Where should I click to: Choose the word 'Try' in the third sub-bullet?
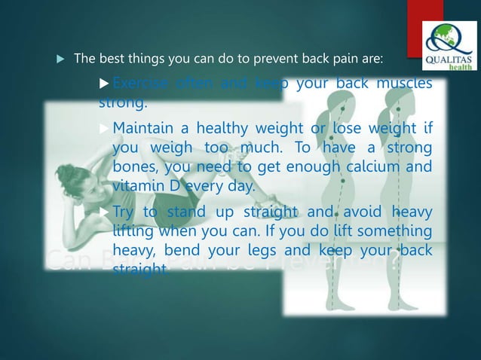pyautogui.click(x=124, y=213)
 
